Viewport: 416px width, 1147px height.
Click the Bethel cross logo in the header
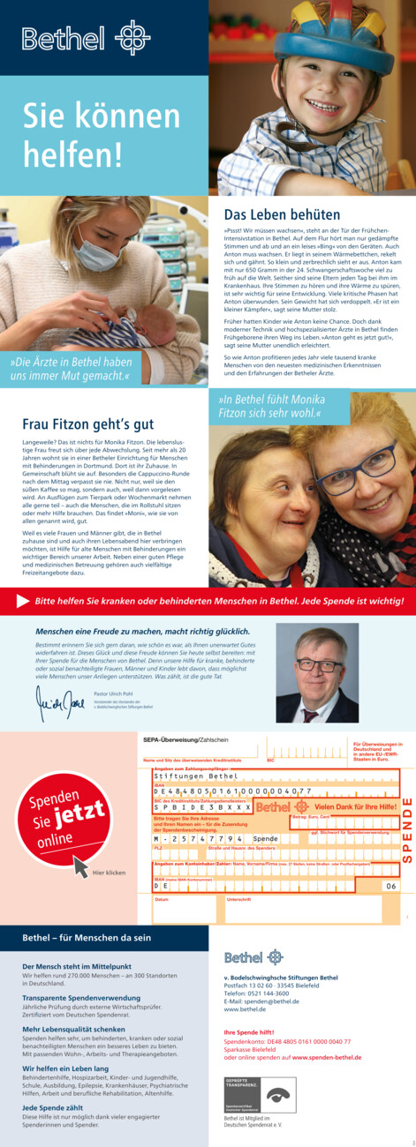tap(132, 38)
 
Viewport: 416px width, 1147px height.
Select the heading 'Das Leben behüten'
tap(282, 214)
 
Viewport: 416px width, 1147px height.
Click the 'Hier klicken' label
tap(110, 873)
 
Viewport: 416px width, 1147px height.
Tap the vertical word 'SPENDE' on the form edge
tap(407, 828)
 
